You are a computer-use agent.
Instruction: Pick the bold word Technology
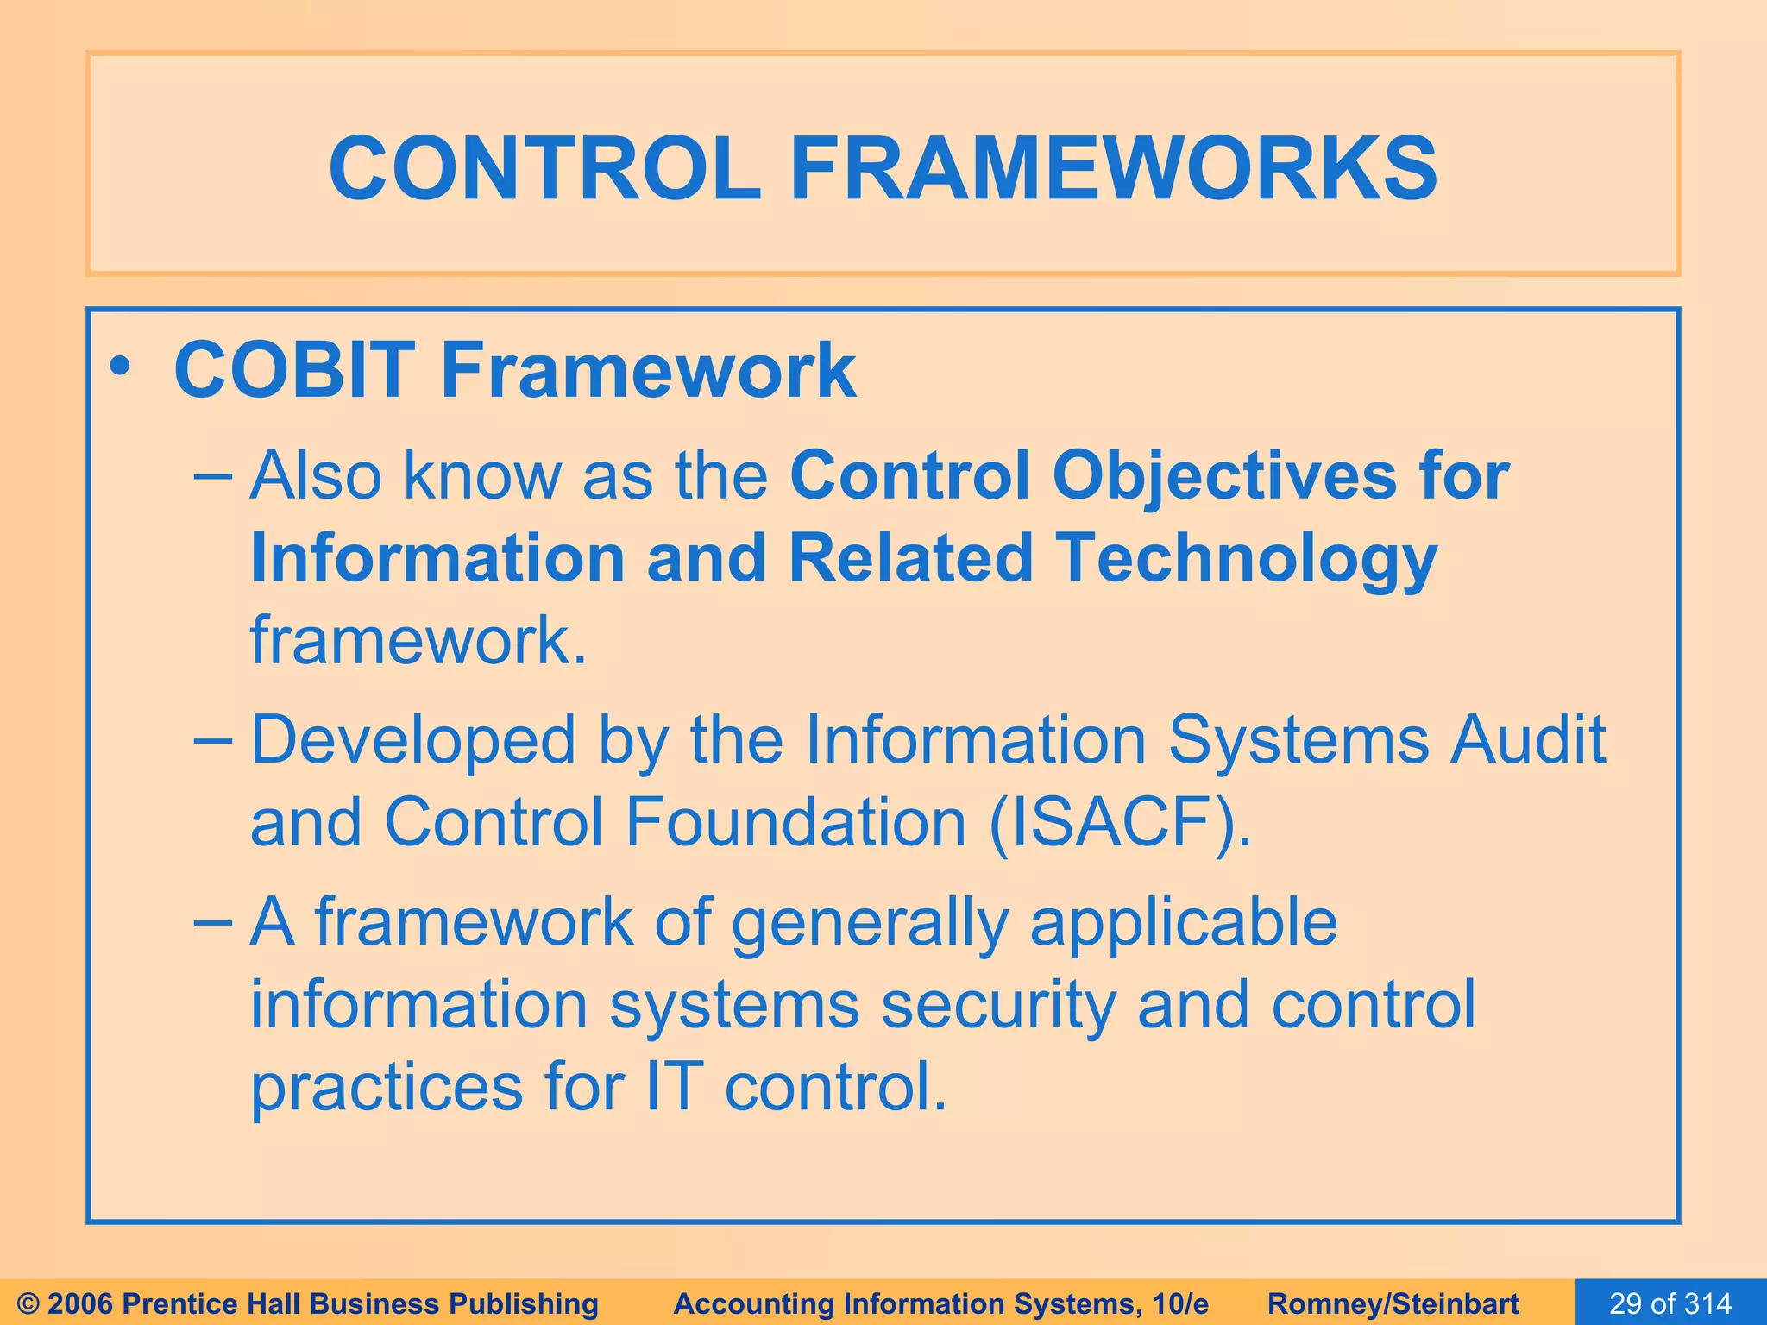pos(1246,558)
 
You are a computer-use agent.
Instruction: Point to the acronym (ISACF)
pos(1120,822)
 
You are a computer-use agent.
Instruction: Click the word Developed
pos(412,740)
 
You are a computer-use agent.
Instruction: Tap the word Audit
pos(1527,740)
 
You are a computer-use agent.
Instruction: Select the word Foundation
pos(795,822)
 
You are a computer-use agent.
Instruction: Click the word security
pos(998,1005)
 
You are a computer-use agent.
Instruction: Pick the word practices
pos(387,1087)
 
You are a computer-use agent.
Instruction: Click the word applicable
pos(1183,922)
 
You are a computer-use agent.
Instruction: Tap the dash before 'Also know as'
pos(213,476)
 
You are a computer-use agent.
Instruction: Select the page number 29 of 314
pos(1670,1303)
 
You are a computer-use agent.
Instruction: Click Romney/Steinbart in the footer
pos(1393,1303)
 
